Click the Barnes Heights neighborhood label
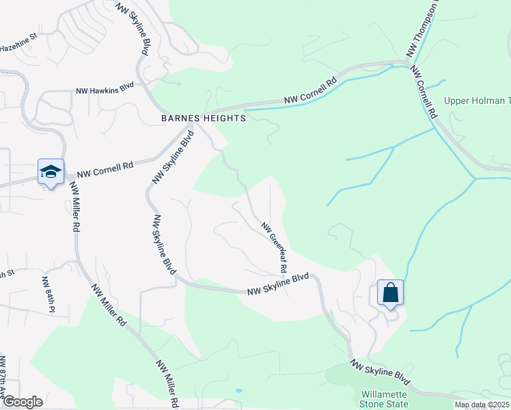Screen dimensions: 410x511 coord(203,118)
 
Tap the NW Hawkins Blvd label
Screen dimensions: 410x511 coord(105,90)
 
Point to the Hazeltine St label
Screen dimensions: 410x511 coord(16,48)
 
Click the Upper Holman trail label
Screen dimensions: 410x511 coord(477,101)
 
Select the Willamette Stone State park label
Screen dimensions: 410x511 coord(383,400)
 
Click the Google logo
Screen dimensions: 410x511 coord(22,402)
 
